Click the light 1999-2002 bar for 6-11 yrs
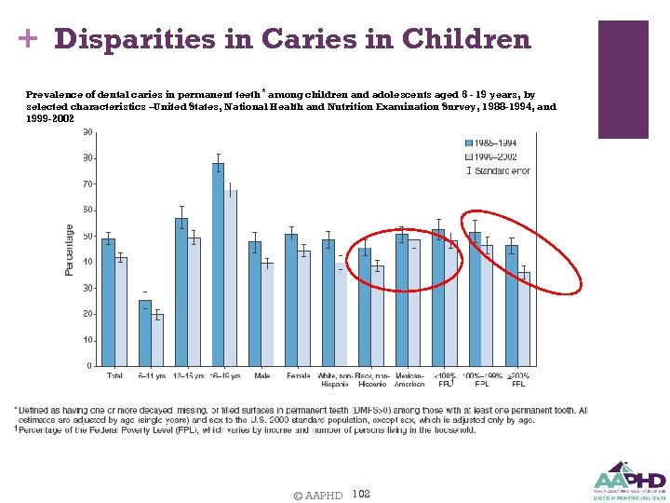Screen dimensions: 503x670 click(156, 340)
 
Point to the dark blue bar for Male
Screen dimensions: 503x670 click(254, 304)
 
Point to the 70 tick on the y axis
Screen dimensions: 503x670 click(87, 184)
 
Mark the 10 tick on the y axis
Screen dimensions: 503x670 click(87, 340)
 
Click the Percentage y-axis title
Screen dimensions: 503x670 click(69, 250)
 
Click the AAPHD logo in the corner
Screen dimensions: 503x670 click(629, 479)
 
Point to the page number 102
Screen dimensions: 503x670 click(362, 494)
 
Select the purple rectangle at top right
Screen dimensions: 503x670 click(623, 79)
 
